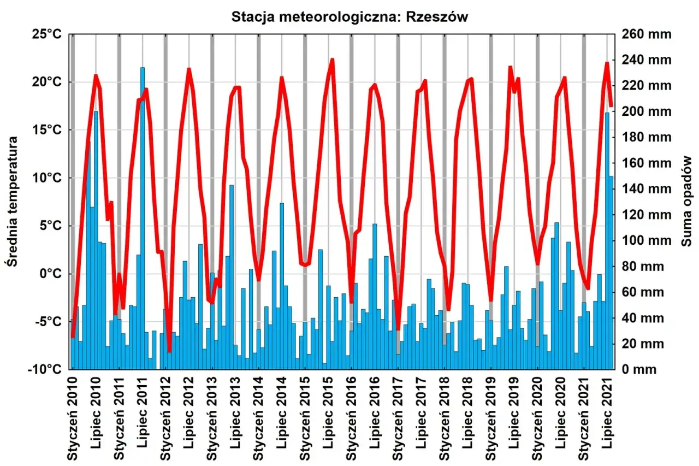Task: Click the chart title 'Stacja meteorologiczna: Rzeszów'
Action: (350, 17)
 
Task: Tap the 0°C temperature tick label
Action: (50, 274)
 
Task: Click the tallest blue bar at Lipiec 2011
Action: (143, 219)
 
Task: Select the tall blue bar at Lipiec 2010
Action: (96, 240)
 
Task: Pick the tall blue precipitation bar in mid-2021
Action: (607, 240)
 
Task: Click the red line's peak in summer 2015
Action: (331, 60)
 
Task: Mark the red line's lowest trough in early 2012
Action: (169, 350)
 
